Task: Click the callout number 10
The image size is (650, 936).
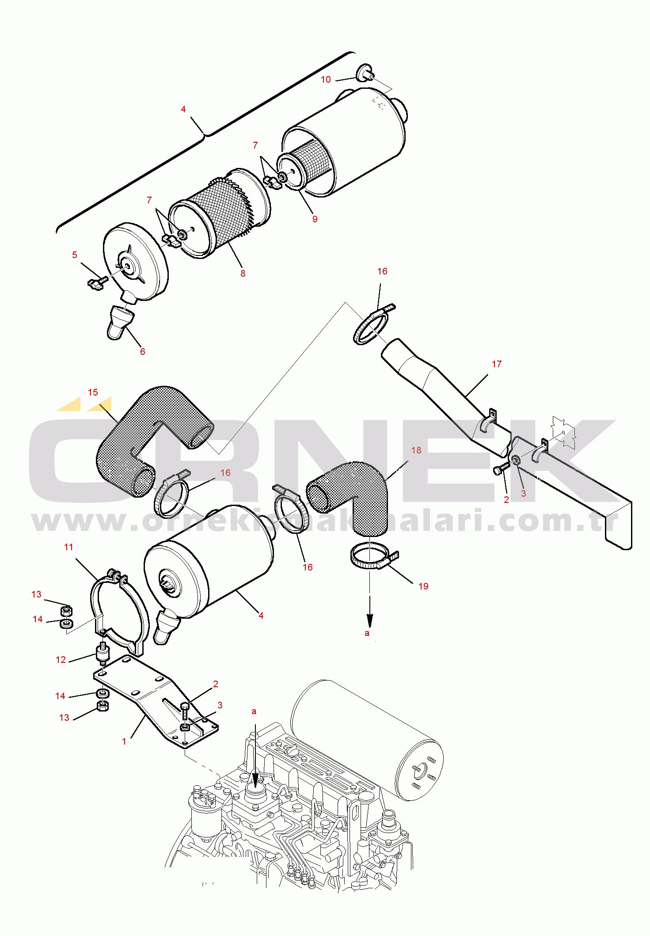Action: click(x=326, y=80)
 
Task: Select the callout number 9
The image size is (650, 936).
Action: click(x=315, y=219)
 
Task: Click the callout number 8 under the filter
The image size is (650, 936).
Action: click(x=243, y=274)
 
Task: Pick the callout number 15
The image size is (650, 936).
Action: click(x=93, y=392)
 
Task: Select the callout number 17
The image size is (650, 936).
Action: click(x=497, y=364)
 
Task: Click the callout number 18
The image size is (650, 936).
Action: click(x=416, y=450)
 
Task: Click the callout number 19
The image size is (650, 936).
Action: click(x=423, y=586)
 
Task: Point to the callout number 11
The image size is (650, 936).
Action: click(x=68, y=547)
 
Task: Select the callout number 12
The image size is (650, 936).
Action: click(x=61, y=660)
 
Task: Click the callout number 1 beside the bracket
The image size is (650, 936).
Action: click(x=124, y=742)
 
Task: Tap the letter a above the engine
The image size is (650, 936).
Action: click(x=254, y=712)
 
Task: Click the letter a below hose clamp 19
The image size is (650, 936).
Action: click(x=367, y=633)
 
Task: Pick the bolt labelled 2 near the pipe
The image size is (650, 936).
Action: click(x=502, y=469)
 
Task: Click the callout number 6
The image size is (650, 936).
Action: click(x=142, y=352)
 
